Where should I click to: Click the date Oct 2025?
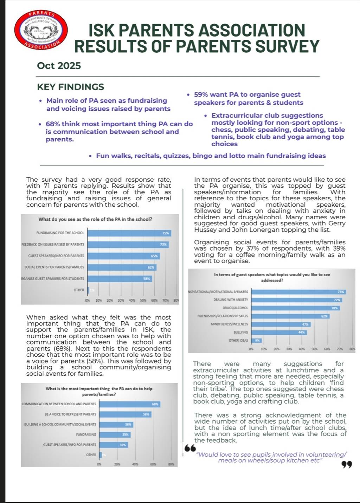(59, 66)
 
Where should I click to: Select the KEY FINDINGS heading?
(71, 87)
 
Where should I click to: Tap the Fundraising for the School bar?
(129, 233)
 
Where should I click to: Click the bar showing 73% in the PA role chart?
(128, 244)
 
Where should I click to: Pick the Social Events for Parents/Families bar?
(122, 267)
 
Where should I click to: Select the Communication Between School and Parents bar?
(130, 404)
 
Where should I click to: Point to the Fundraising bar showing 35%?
(115, 435)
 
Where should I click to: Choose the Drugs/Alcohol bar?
(296, 308)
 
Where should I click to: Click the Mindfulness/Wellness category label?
(229, 324)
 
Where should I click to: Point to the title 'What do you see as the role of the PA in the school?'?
(95, 219)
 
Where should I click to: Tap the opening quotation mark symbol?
(190, 448)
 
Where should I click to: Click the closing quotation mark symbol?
(347, 465)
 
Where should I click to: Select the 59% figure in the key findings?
(201, 95)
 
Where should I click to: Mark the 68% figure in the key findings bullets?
(52, 124)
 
